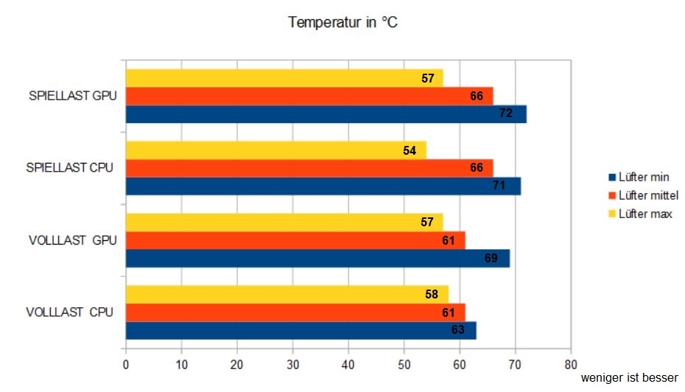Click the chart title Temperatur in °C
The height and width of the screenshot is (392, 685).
point(343,23)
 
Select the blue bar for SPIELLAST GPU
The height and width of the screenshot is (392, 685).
point(326,114)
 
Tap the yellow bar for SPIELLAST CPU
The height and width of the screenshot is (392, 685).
point(275,150)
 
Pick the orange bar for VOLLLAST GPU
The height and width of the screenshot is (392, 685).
point(295,240)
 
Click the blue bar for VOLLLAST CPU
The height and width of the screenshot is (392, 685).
point(301,330)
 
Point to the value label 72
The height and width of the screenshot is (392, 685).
point(505,114)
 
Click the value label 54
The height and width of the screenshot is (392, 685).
point(410,150)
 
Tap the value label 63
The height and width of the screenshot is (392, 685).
point(457,330)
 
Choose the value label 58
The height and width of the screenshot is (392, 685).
point(432,295)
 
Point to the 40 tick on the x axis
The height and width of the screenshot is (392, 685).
point(348,363)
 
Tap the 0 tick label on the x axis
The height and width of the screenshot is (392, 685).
point(126,363)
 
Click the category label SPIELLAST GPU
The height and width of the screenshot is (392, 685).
point(73,96)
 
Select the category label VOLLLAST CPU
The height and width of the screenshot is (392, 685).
point(69,312)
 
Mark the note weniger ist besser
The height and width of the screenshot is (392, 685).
point(629,377)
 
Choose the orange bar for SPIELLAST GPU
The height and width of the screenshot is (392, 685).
point(309,96)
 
